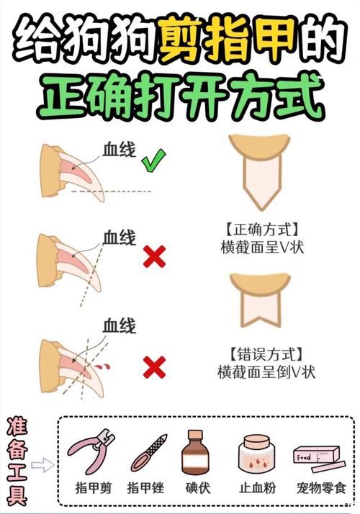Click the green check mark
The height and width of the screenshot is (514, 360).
[x=152, y=163]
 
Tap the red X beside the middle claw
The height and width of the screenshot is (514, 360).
[x=153, y=256]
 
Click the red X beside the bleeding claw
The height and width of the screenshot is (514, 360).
[x=153, y=368]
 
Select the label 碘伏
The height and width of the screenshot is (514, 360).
[x=197, y=488]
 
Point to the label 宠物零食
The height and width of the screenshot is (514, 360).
[x=317, y=488]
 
